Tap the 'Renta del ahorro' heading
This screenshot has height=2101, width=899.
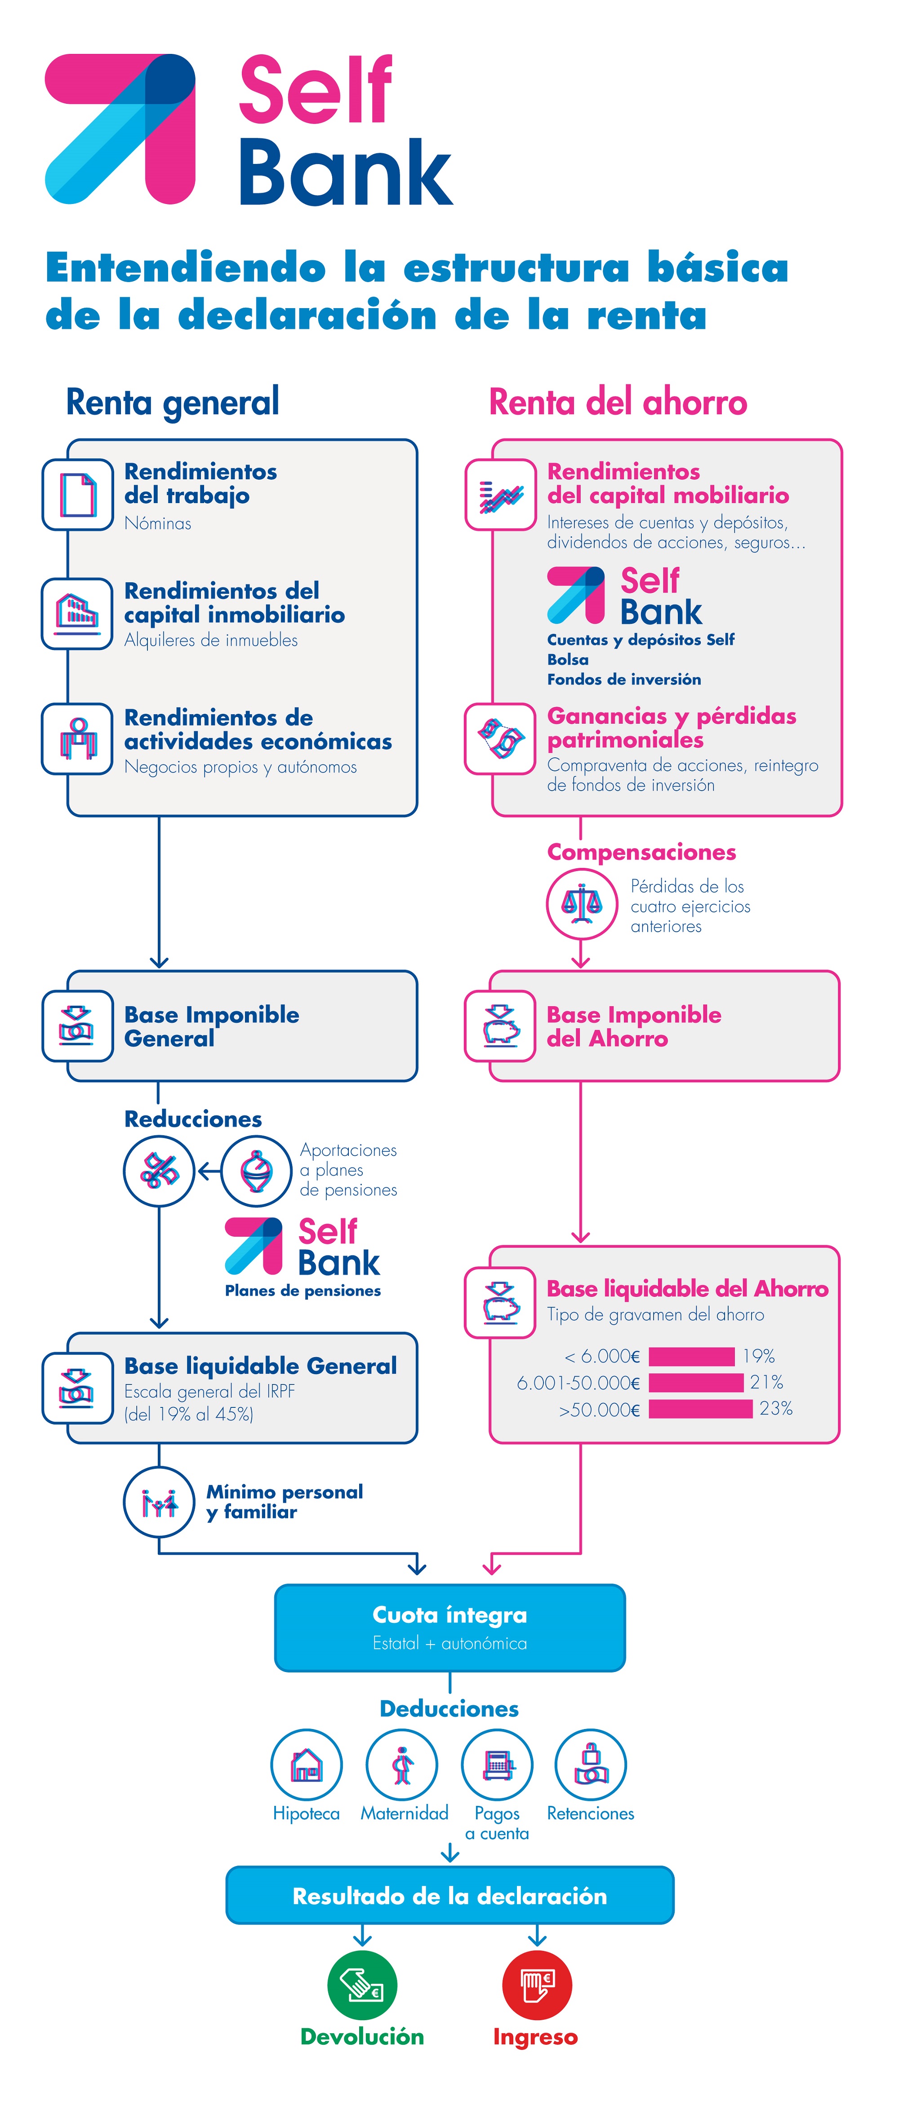pyautogui.click(x=618, y=402)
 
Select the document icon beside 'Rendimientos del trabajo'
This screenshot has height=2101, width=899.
pyautogui.click(x=77, y=494)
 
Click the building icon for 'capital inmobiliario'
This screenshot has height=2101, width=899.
pyautogui.click(x=77, y=613)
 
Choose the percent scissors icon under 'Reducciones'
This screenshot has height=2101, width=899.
pyautogui.click(x=159, y=1171)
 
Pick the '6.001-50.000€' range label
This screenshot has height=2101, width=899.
pyautogui.click(x=578, y=1382)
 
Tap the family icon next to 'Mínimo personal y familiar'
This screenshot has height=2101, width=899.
pyautogui.click(x=159, y=1502)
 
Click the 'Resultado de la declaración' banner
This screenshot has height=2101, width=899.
pyautogui.click(x=449, y=1895)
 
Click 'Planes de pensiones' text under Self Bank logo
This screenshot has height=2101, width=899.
pyautogui.click(x=303, y=1290)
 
